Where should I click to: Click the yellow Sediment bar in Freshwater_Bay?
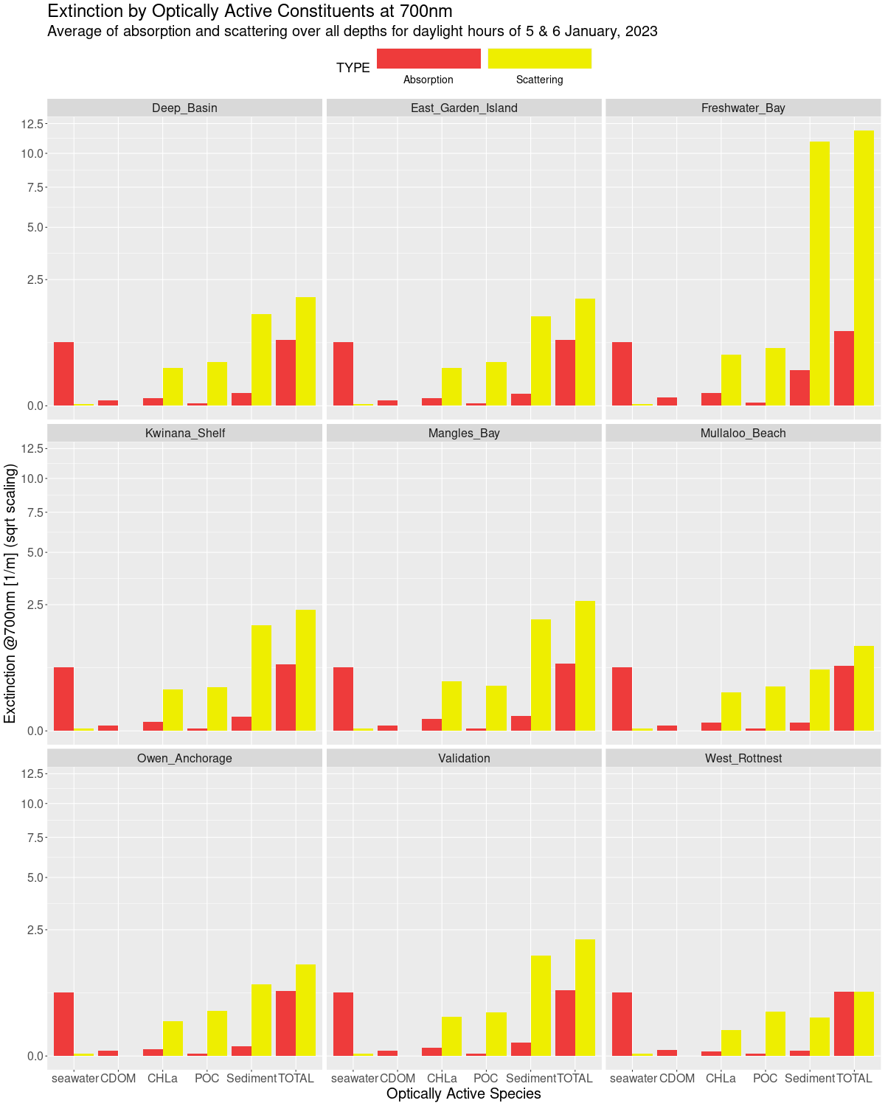[819, 273]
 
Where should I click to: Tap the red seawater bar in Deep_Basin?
[64, 374]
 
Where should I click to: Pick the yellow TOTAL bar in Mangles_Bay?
[585, 666]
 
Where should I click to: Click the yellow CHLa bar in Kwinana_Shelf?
[173, 710]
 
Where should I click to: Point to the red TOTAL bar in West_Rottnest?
[844, 1023]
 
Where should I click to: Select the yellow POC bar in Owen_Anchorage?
[217, 1033]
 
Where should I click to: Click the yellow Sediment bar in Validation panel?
[541, 1006]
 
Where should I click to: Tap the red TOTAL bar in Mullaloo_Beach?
[844, 698]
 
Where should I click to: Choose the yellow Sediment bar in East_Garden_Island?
[541, 361]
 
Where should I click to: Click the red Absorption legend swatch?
[428, 59]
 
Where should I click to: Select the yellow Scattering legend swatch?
[539, 59]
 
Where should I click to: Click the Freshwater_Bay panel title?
[743, 108]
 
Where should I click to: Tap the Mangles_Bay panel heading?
[464, 434]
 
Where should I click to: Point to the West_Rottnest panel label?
[743, 759]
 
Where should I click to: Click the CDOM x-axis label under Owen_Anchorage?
[118, 1079]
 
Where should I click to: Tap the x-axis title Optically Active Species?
[464, 1094]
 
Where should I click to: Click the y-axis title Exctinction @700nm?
[10, 594]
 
